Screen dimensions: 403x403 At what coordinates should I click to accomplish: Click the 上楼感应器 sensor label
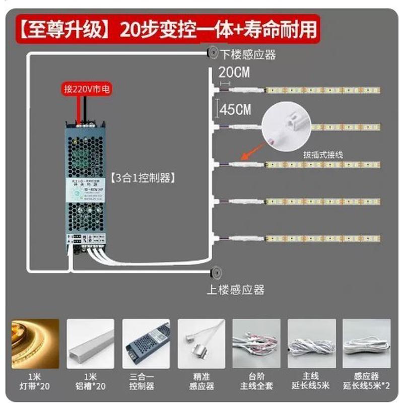(x=236, y=289)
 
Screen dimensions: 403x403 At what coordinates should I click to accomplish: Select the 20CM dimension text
(x=234, y=72)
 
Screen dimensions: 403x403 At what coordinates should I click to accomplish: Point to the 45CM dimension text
(x=234, y=109)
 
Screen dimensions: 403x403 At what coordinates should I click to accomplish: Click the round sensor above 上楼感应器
(x=216, y=272)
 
